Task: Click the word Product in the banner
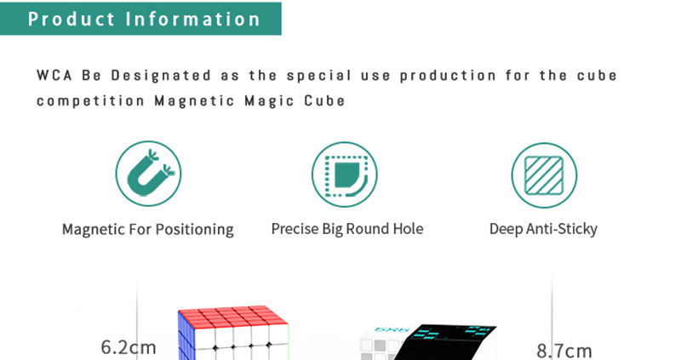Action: pos(72,19)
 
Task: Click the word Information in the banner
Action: pos(193,19)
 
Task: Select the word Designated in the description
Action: pos(161,75)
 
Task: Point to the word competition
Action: pos(90,100)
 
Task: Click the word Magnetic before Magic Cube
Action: pos(195,100)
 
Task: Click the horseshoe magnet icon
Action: pos(148,174)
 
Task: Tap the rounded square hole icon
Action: pos(345,174)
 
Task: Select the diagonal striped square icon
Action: pos(544,175)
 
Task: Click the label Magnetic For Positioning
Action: pos(147,229)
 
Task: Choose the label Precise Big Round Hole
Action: pos(347,229)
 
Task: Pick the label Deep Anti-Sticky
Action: pos(543,229)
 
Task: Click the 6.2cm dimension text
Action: pos(129,347)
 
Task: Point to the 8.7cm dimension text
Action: pos(564,351)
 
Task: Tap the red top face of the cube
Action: pos(233,316)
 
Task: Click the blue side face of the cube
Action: pos(185,336)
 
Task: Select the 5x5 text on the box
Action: pos(392,330)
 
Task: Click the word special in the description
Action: pos(318,76)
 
